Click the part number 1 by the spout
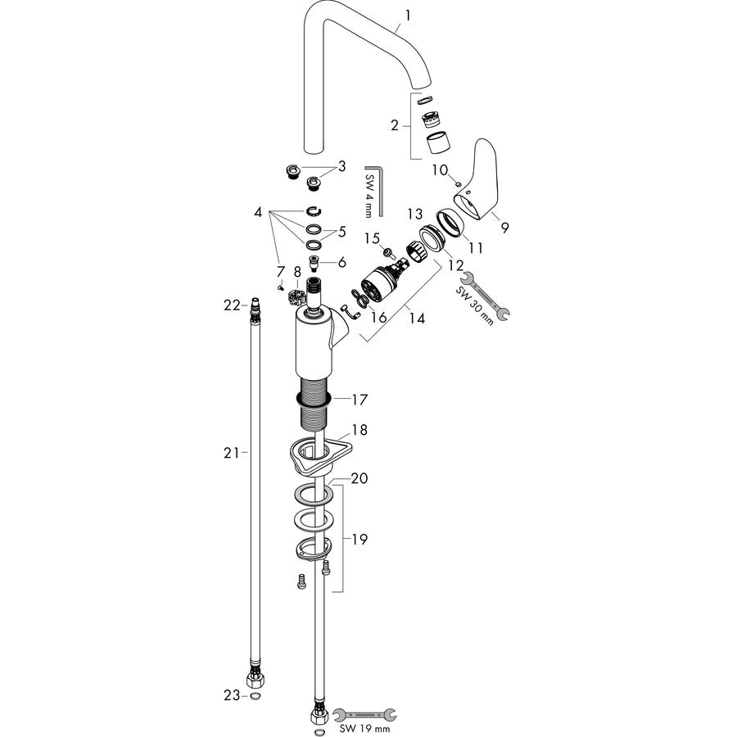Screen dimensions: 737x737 coord(408,16)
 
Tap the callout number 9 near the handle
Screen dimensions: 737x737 coord(504,228)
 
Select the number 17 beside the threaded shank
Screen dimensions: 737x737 coord(360,400)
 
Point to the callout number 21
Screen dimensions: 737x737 coord(231,453)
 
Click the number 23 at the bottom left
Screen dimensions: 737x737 coord(232,695)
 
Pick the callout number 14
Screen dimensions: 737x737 coord(417,319)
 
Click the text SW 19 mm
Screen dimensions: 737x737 coord(364,729)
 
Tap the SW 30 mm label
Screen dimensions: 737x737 coord(474,306)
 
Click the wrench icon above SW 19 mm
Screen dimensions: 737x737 coord(364,715)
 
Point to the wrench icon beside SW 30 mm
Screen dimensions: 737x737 coord(485,296)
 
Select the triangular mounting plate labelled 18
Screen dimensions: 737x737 coord(320,454)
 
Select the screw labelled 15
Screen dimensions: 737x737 coord(389,253)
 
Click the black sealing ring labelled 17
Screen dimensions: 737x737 coord(314,400)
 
